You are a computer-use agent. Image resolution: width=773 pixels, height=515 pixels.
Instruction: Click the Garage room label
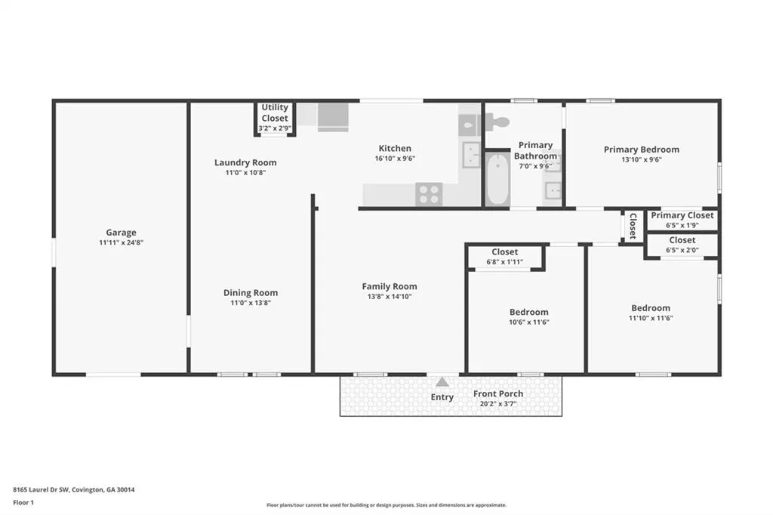(x=121, y=233)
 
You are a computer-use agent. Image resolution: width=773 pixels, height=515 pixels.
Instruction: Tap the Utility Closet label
(x=275, y=113)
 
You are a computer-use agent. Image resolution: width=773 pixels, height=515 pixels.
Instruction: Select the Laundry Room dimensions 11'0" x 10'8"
(x=245, y=173)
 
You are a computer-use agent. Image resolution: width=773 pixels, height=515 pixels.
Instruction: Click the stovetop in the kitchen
(x=429, y=193)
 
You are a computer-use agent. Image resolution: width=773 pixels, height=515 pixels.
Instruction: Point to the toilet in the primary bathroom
(x=497, y=122)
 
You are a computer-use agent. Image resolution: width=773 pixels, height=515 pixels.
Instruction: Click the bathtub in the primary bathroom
(x=497, y=178)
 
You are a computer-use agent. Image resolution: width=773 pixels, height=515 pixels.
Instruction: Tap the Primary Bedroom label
(x=642, y=150)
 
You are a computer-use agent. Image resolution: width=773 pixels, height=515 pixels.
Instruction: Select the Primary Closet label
(x=682, y=215)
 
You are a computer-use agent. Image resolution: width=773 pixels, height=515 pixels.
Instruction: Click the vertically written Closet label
(x=633, y=226)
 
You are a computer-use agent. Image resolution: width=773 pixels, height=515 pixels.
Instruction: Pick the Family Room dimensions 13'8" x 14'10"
(x=390, y=297)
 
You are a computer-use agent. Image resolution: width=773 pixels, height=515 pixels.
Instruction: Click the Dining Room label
(x=251, y=292)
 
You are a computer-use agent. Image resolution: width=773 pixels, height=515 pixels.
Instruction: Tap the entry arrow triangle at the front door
(x=442, y=382)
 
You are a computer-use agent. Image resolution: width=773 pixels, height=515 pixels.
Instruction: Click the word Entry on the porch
(x=442, y=397)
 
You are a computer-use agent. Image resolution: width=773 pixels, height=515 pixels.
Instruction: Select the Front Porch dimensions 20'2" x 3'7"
(x=498, y=403)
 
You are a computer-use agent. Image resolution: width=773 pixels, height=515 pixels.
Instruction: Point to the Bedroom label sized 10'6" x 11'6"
(x=529, y=312)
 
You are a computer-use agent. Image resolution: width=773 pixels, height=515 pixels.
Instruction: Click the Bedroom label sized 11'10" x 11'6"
(x=651, y=308)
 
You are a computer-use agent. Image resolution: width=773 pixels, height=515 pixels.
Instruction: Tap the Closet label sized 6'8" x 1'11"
(x=505, y=251)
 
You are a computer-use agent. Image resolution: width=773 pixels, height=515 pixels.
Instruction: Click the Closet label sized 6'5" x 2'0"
(x=682, y=240)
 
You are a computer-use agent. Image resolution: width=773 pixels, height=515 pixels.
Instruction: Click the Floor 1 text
(x=23, y=503)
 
